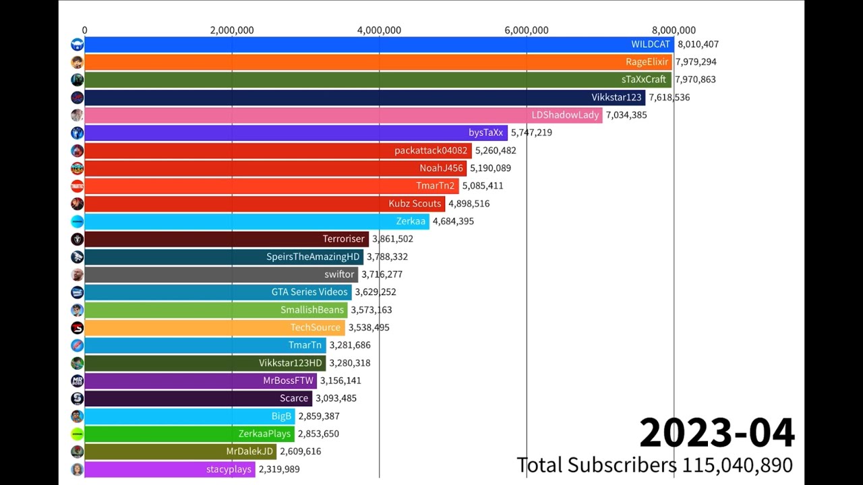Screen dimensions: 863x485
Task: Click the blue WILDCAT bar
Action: [379, 44]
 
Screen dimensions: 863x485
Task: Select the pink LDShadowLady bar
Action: [343, 115]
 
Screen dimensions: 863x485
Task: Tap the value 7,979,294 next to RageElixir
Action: [696, 62]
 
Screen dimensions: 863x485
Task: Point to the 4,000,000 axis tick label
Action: [379, 30]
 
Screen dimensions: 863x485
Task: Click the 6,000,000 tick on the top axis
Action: [527, 30]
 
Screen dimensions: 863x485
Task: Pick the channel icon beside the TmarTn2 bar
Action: [77, 186]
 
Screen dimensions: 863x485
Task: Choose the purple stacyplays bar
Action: [170, 470]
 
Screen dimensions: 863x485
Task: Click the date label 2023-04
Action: [717, 433]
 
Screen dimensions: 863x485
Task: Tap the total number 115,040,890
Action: [738, 465]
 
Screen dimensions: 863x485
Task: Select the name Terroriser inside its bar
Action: [343, 238]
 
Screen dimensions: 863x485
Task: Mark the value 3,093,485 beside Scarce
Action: [336, 398]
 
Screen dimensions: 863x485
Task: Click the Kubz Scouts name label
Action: [415, 203]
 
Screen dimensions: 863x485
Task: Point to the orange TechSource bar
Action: [214, 327]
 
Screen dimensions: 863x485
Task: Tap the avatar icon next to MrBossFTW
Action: [77, 381]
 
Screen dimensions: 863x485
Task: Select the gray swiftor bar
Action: [221, 274]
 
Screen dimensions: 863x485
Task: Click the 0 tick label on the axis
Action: [85, 30]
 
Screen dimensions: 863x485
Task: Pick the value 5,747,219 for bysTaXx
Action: [531, 133]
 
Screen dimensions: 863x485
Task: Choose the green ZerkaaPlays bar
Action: [189, 434]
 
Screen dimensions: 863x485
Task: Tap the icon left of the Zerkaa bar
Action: [77, 222]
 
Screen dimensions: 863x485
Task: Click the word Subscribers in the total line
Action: [622, 465]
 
